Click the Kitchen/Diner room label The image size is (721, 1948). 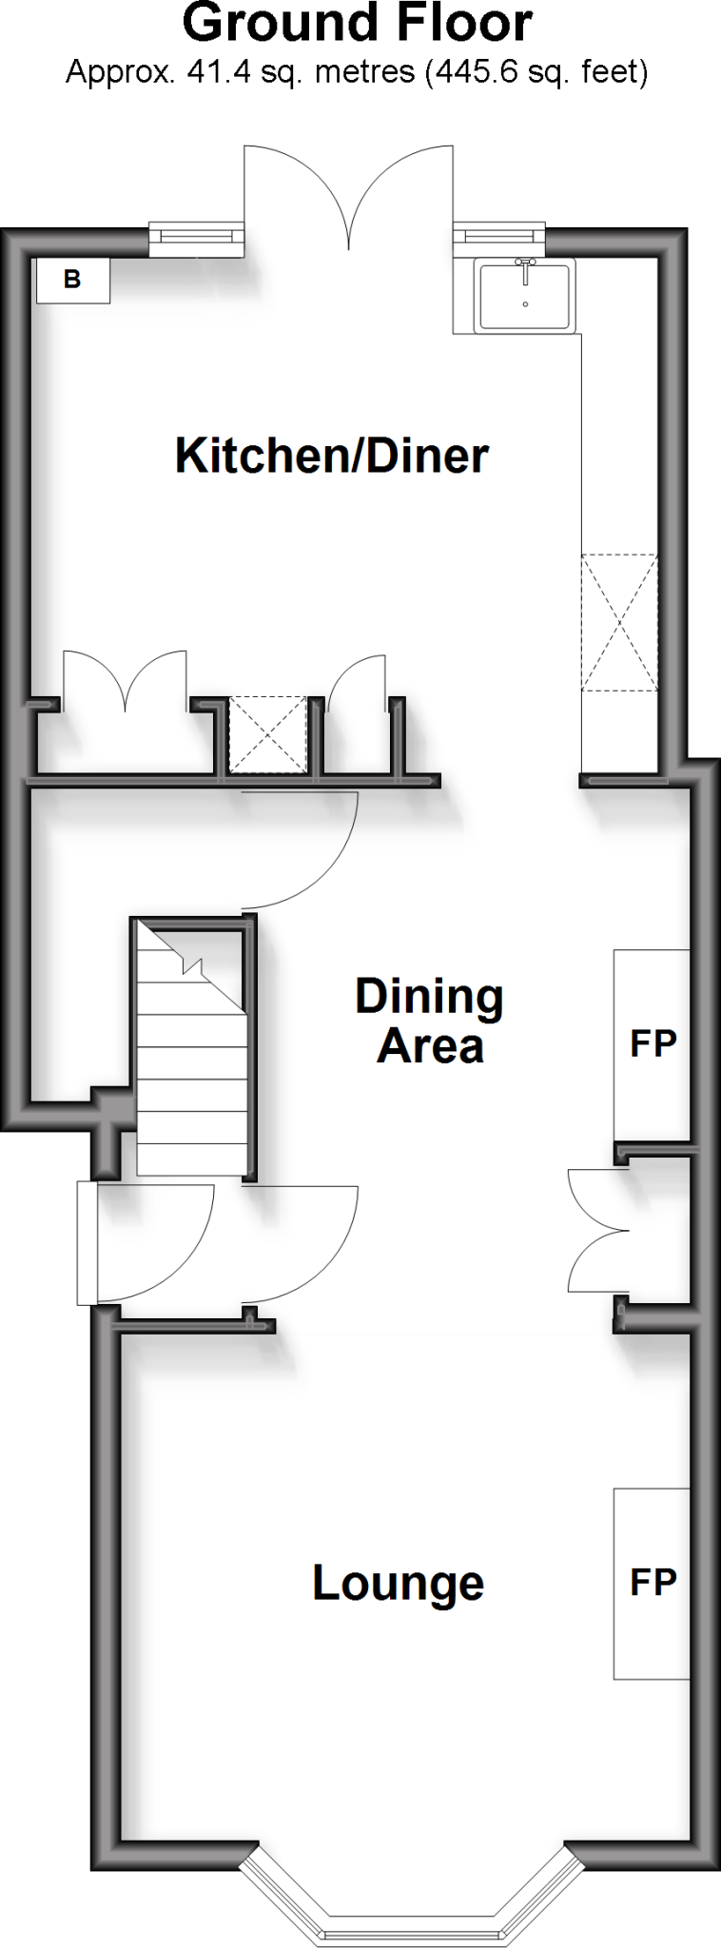pyautogui.click(x=331, y=457)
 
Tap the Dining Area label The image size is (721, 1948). pyautogui.click(x=430, y=1021)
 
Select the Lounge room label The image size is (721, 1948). pyautogui.click(x=399, y=1584)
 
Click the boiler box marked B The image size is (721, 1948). pyautogui.click(x=72, y=280)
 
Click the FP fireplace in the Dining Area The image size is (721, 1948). pyautogui.click(x=652, y=1043)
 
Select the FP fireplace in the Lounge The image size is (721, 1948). pyautogui.click(x=652, y=1583)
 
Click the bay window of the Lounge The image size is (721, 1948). pyautogui.click(x=412, y=1901)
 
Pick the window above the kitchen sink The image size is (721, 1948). pyautogui.click(x=499, y=234)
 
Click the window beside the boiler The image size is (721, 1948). pyautogui.click(x=196, y=235)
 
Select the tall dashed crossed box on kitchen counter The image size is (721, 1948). pyautogui.click(x=619, y=622)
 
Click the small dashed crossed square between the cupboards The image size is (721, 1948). pyautogui.click(x=268, y=734)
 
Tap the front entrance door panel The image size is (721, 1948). pyautogui.click(x=87, y=1242)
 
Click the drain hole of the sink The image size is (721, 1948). pyautogui.click(x=525, y=304)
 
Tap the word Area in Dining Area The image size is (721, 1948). pyautogui.click(x=430, y=1046)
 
